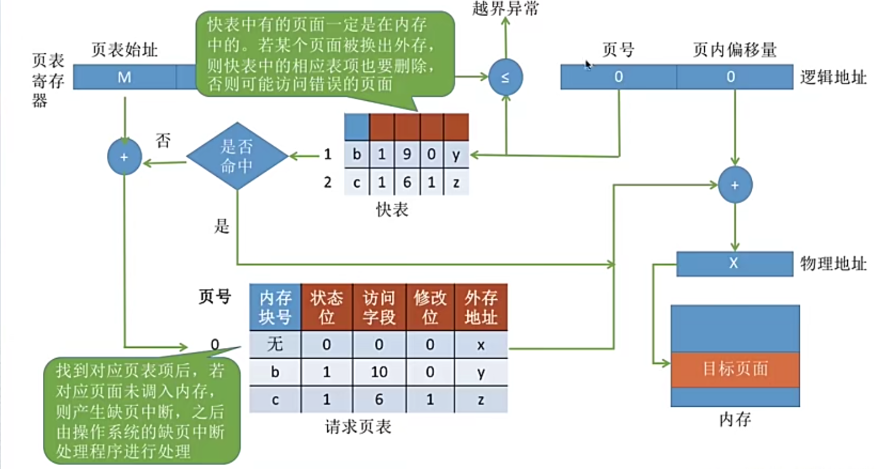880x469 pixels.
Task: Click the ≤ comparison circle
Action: tap(505, 77)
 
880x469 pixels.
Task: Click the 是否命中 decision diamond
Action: tap(237, 156)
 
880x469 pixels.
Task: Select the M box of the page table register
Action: tap(124, 77)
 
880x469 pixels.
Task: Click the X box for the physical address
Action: tap(734, 263)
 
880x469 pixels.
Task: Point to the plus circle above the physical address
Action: tap(735, 185)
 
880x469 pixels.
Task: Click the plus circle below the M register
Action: tap(124, 157)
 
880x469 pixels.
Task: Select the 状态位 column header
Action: tap(327, 307)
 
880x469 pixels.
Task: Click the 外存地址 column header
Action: tap(481, 307)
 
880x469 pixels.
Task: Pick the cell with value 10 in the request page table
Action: tap(379, 372)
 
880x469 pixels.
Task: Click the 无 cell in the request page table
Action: tap(275, 344)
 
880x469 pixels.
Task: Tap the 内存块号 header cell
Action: tap(275, 307)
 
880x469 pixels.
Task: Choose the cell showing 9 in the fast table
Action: tap(407, 154)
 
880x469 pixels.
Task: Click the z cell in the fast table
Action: tap(456, 182)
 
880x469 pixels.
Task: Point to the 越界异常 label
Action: tap(505, 9)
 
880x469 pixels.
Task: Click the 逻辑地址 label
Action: tap(833, 77)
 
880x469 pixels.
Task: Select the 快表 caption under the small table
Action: tap(392, 210)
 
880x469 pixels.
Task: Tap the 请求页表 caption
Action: tap(358, 427)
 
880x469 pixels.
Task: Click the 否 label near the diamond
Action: tap(163, 140)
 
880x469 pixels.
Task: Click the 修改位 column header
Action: tap(430, 307)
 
